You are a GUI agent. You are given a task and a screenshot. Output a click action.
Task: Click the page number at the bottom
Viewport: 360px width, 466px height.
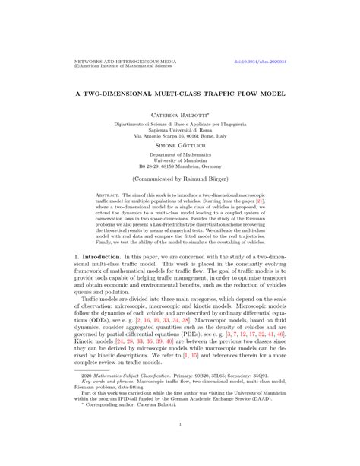pyautogui.click(x=179, y=424)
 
